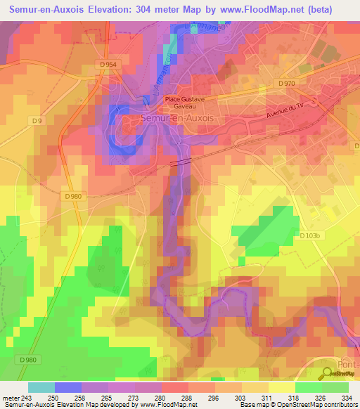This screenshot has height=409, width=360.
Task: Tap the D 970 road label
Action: (x=286, y=84)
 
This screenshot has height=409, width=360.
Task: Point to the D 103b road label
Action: (x=309, y=236)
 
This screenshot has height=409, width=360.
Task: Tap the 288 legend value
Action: (x=188, y=398)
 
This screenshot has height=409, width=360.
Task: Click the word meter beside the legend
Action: (x=11, y=398)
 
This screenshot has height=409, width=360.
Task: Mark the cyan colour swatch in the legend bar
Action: (x=41, y=387)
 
